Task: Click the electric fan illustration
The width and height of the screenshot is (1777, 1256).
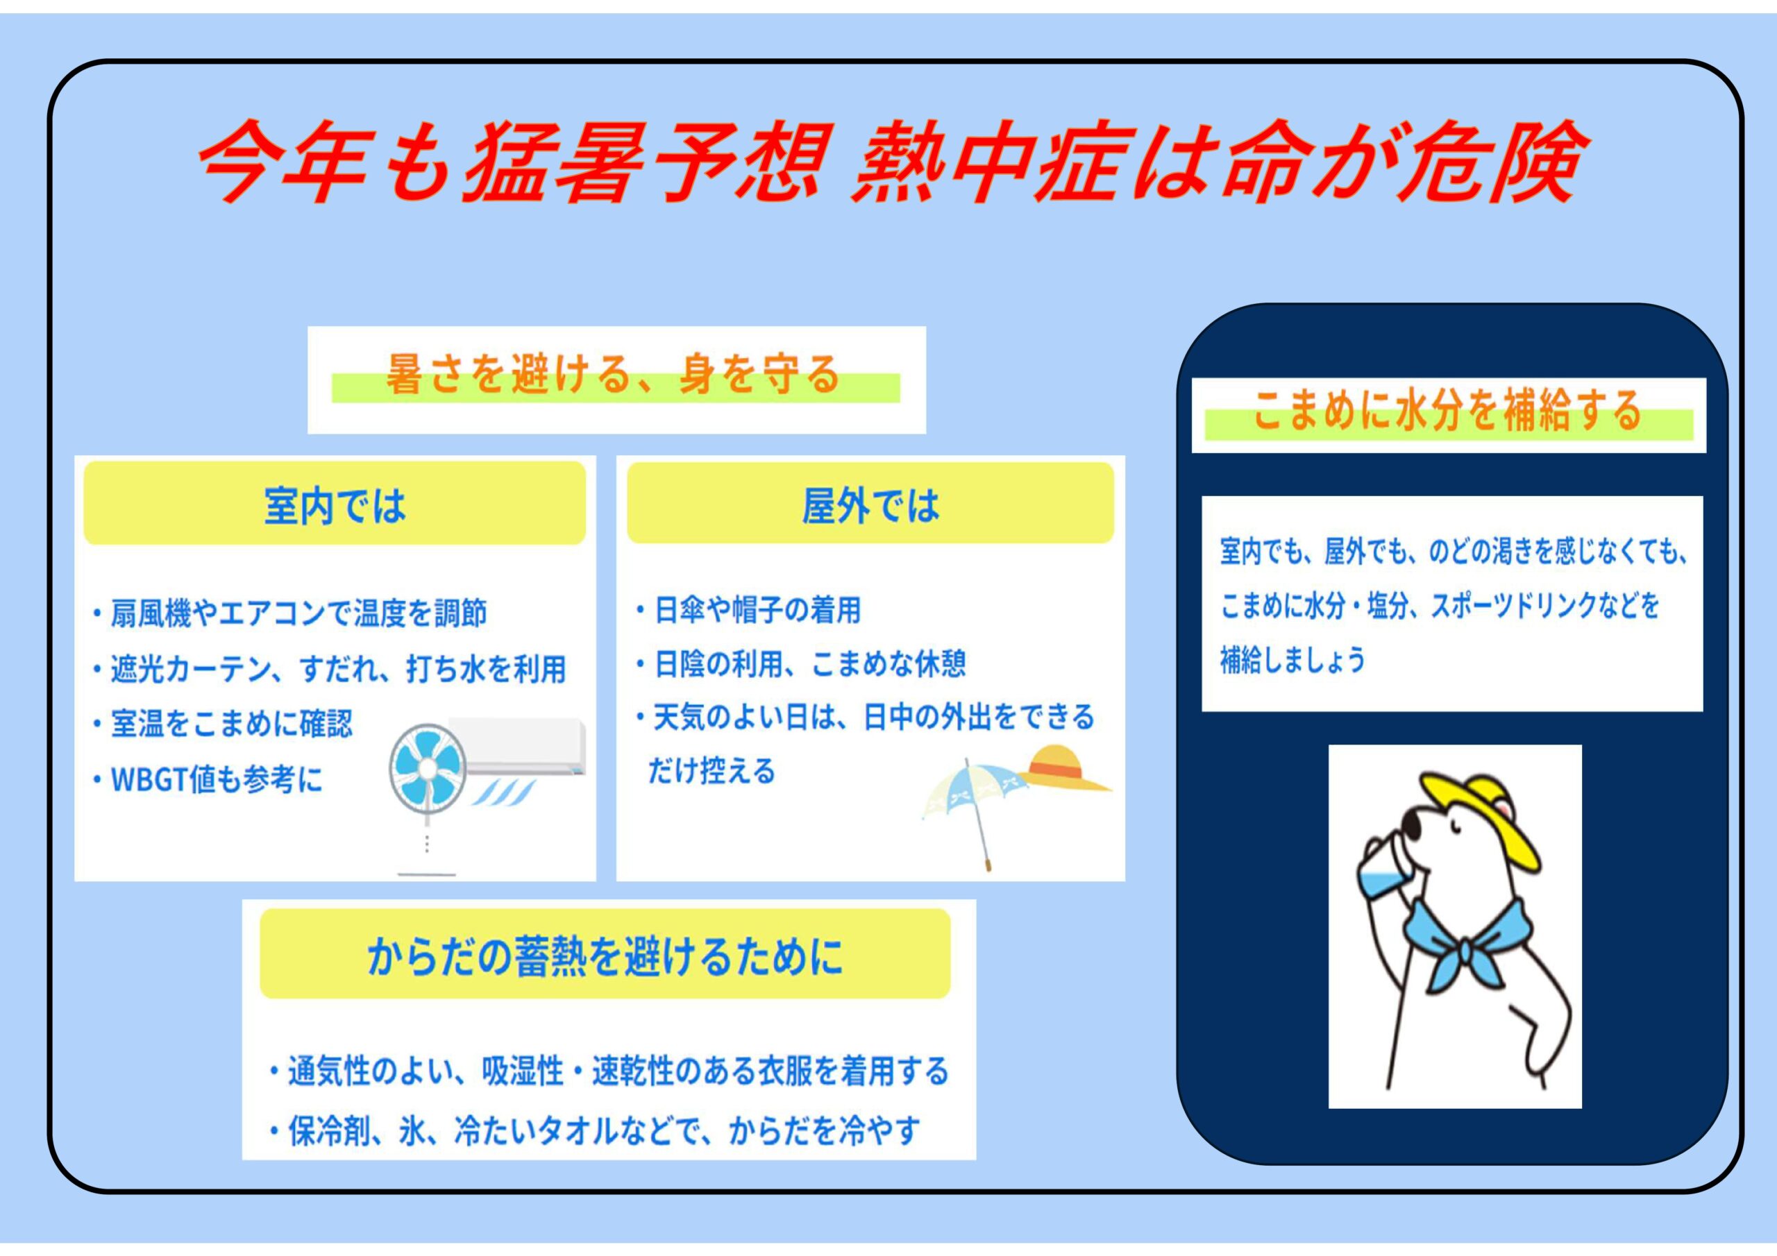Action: pos(427,797)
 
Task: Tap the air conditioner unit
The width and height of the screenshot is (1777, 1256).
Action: pos(517,747)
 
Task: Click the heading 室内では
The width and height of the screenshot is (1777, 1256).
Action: pos(335,506)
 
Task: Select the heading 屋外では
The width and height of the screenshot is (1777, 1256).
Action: pos(870,506)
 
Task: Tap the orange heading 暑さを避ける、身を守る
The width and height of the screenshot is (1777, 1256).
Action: pos(612,375)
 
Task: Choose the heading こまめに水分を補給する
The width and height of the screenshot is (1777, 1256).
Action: pos(1447,410)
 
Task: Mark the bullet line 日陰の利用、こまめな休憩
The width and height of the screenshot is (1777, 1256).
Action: pos(800,664)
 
